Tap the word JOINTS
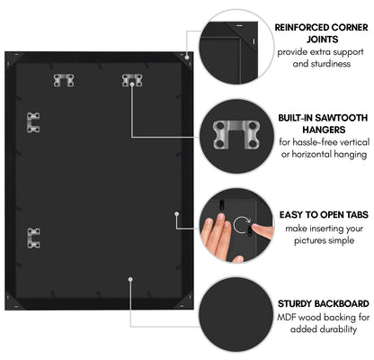[x=322, y=40]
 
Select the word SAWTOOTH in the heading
[x=342, y=118]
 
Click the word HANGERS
[x=324, y=130]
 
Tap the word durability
[x=339, y=329]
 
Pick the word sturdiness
[x=331, y=64]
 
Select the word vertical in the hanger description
[x=353, y=141]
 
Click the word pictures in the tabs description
[x=308, y=240]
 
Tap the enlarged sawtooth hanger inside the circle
[x=236, y=134]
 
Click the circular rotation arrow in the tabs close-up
[x=242, y=226]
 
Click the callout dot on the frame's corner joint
[x=187, y=57]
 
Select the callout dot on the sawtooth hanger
[x=132, y=85]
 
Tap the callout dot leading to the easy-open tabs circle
[x=177, y=213]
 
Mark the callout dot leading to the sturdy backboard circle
[x=130, y=279]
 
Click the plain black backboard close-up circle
[x=236, y=314]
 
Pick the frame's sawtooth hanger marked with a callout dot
[x=132, y=79]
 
